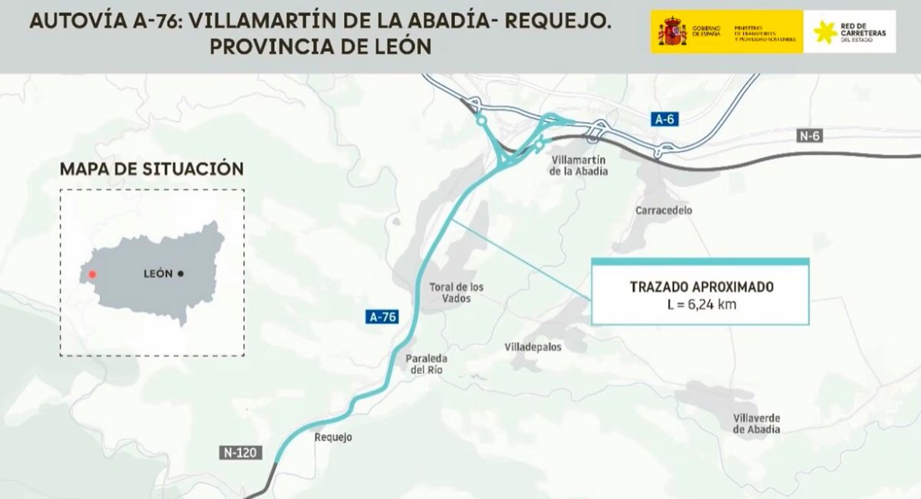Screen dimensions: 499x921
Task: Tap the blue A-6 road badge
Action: (x=665, y=119)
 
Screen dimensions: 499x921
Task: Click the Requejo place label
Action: (x=333, y=438)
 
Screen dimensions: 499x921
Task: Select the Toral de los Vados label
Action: (x=457, y=292)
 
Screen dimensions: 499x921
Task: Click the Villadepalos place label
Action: (x=533, y=347)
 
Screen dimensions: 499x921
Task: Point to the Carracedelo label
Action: (x=664, y=210)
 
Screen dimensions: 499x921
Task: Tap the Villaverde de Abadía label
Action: (x=757, y=423)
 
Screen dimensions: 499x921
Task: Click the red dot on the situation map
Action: (x=92, y=274)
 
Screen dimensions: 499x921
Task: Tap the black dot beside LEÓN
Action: (x=180, y=273)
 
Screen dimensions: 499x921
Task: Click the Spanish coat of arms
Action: (x=672, y=32)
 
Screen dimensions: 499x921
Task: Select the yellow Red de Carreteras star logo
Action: (x=825, y=32)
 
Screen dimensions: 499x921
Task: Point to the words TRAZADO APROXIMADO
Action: (x=701, y=287)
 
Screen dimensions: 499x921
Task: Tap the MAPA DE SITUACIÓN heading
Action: (x=151, y=168)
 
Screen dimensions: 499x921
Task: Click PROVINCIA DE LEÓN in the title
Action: (x=320, y=47)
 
